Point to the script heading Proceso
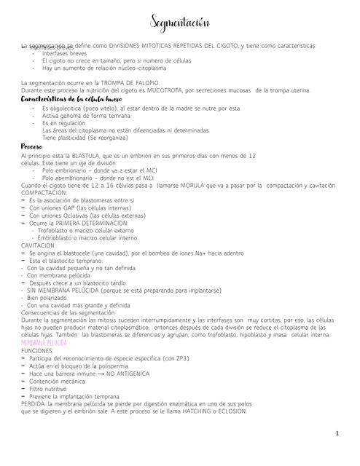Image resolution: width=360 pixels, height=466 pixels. click(x=36, y=147)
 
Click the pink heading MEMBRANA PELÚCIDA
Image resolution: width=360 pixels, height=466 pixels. click(x=44, y=342)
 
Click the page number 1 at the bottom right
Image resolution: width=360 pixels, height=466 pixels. click(x=337, y=434)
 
